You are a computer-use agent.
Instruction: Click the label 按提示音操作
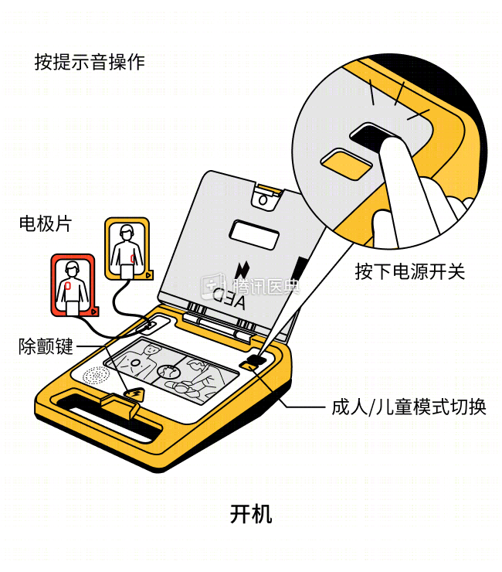[90, 62]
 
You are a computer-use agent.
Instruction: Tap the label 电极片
[46, 223]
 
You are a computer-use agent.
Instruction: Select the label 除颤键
[46, 346]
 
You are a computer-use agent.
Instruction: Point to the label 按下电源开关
[410, 272]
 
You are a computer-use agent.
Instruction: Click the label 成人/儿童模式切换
[409, 407]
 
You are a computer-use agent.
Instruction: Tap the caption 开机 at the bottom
[251, 514]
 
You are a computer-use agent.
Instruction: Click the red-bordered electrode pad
[74, 285]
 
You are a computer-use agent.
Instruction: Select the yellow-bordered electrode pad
[128, 249]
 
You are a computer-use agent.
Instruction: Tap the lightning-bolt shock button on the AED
[135, 394]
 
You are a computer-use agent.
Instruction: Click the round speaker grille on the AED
[96, 376]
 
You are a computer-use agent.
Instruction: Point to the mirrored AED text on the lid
[229, 300]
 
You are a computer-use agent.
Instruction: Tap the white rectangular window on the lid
[254, 234]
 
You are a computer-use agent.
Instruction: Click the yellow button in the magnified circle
[346, 165]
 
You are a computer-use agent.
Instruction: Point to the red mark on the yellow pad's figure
[133, 259]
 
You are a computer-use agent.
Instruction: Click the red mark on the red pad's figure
[68, 286]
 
